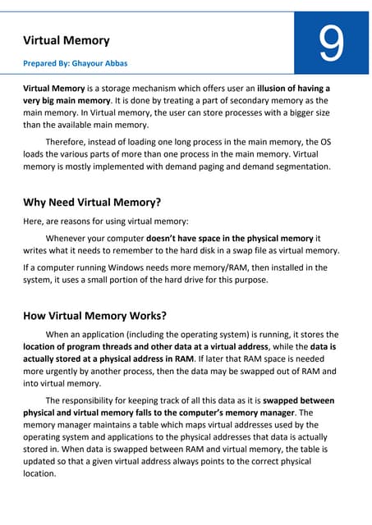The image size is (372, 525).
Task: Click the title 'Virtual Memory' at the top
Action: [x=67, y=39]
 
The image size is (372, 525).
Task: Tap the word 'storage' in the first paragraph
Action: [x=129, y=88]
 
